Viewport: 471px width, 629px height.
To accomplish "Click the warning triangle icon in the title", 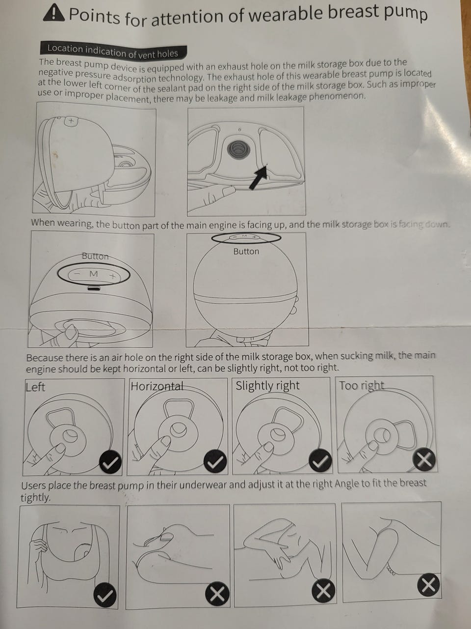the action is [53, 14].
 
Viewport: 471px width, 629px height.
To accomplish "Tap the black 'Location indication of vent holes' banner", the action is [113, 51].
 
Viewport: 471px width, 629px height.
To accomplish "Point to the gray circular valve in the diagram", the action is [238, 148].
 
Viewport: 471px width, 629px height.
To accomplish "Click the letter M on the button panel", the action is [94, 274].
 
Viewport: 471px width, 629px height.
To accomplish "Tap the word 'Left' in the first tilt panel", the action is [35, 387].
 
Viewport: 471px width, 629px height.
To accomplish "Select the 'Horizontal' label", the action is [157, 386].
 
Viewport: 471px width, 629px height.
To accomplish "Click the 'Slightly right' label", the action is [267, 386].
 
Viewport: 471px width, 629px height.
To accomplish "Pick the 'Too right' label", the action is [362, 386].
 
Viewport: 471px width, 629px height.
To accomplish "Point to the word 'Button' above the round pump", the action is [246, 252].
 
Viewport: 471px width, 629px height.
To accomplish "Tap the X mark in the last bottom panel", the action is [428, 585].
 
